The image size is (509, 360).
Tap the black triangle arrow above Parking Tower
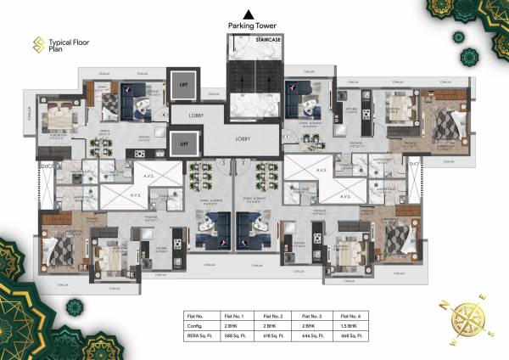[x=249, y=13]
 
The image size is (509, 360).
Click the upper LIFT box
[x=182, y=87]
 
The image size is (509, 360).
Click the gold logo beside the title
[x=37, y=42]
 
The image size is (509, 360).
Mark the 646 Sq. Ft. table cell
[x=312, y=334]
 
